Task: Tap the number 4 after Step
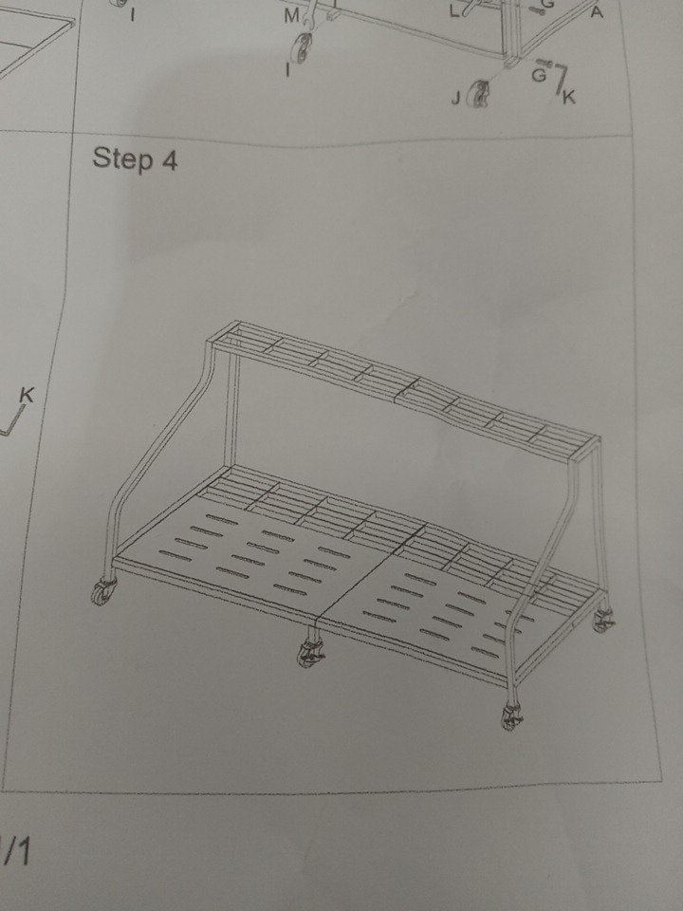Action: pyautogui.click(x=169, y=160)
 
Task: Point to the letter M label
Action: pyautogui.click(x=291, y=17)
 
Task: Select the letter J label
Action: pyautogui.click(x=456, y=99)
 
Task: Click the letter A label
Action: pyautogui.click(x=597, y=11)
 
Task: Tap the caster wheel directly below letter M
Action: pyautogui.click(x=302, y=47)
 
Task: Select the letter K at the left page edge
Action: pyautogui.click(x=27, y=395)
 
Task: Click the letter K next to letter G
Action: pyautogui.click(x=568, y=97)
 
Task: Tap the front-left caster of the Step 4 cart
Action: pyautogui.click(x=104, y=591)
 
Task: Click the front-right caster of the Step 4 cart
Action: pyautogui.click(x=511, y=716)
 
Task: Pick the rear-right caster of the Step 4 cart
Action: pyautogui.click(x=603, y=621)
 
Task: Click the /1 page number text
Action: pyautogui.click(x=16, y=852)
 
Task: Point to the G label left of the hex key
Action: pyautogui.click(x=539, y=75)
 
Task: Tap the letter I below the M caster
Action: pyautogui.click(x=287, y=69)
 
